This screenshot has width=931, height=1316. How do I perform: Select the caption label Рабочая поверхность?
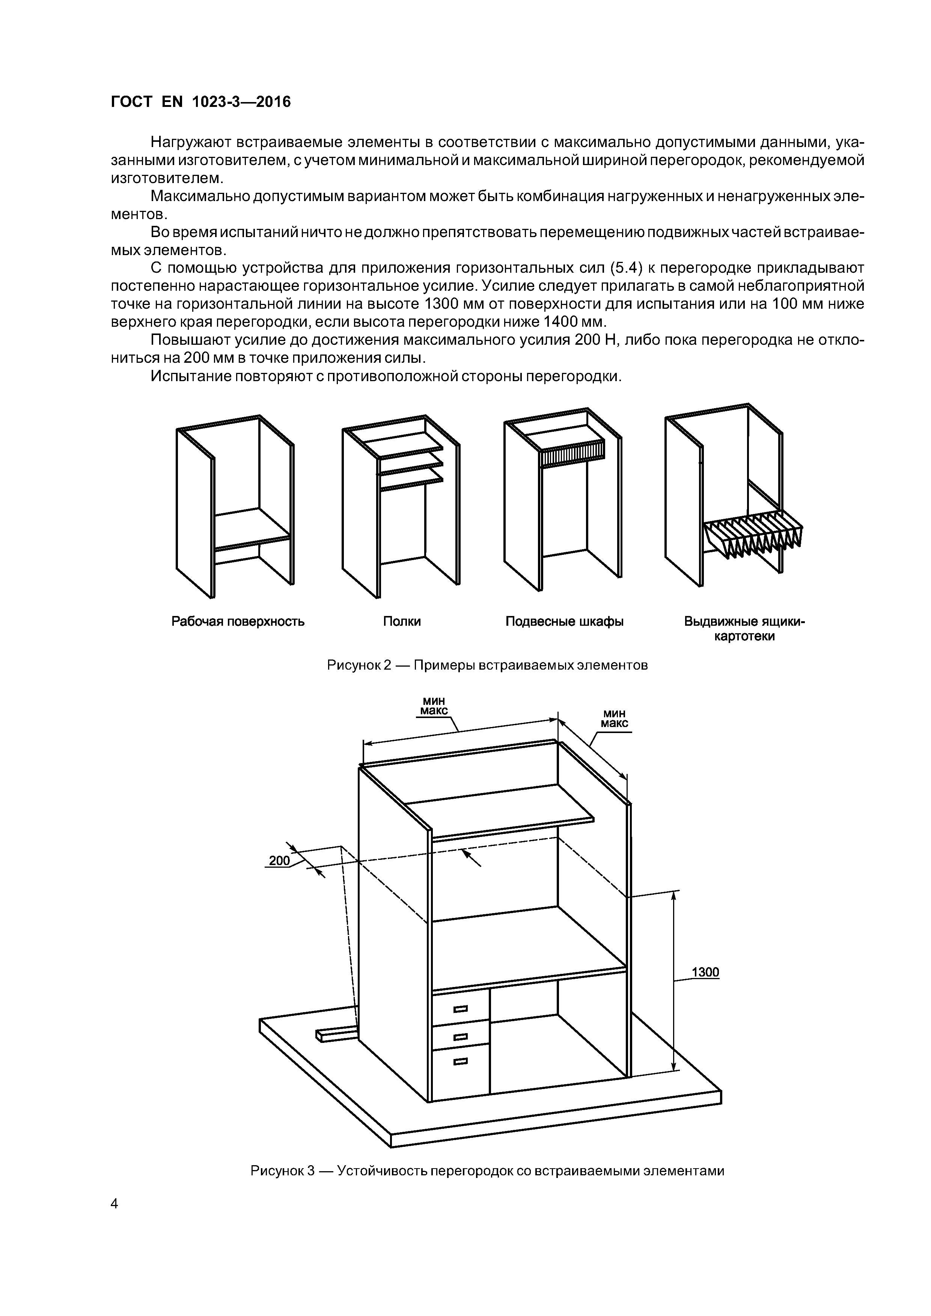point(238,621)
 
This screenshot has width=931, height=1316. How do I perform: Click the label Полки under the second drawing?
point(402,621)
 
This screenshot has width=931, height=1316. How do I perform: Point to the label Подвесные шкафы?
point(565,621)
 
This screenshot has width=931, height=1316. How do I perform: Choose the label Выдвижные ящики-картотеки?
point(744,629)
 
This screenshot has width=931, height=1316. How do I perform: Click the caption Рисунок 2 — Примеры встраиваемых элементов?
point(487,666)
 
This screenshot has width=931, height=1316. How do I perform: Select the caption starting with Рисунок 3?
point(487,1170)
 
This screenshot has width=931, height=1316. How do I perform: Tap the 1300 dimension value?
point(705,972)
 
